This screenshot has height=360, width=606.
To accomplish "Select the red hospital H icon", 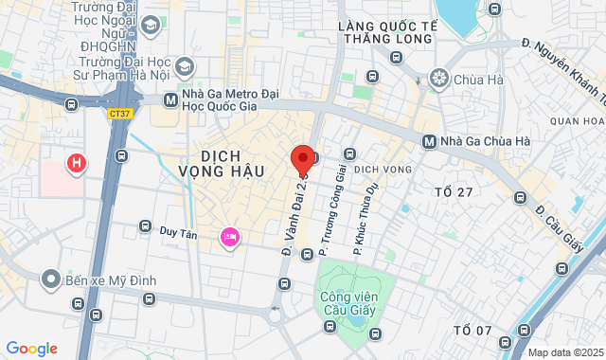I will click(76, 164).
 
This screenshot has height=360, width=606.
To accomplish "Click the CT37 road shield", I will click(118, 113).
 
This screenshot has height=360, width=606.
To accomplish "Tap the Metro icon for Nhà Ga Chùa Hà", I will click(430, 142).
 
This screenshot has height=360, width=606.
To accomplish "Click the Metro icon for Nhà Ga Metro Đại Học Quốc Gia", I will click(170, 99).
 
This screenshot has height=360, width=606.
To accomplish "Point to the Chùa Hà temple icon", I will click(438, 78).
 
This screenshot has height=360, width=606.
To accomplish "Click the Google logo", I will click(31, 348).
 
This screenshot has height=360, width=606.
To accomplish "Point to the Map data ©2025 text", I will click(564, 352).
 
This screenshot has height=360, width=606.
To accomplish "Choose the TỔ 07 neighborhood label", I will click(472, 330).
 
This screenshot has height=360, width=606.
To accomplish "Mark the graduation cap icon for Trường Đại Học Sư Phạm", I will click(184, 66).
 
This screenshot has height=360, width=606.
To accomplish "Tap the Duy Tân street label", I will click(178, 230).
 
